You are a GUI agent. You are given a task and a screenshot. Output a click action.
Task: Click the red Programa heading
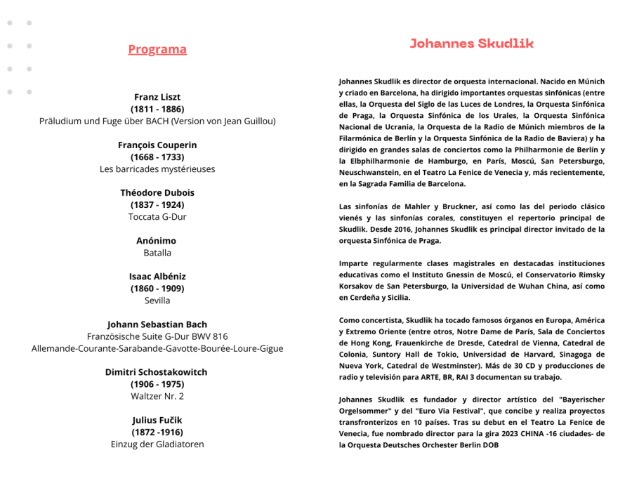[x=157, y=49]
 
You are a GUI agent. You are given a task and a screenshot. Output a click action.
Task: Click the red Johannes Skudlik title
[x=472, y=44]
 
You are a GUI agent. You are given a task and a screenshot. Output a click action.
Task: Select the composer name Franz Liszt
[x=157, y=97]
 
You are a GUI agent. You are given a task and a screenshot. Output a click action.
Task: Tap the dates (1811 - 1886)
[x=157, y=109]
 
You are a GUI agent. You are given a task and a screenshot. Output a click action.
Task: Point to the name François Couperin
[x=157, y=145]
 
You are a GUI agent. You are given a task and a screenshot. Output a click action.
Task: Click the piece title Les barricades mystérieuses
[x=157, y=169]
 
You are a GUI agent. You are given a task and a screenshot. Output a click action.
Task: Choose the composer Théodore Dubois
[x=157, y=193]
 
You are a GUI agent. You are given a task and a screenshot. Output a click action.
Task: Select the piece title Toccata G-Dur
[x=157, y=217]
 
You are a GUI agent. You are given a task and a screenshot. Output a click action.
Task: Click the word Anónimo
[x=157, y=241]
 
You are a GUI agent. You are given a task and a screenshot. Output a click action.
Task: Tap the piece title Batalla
[x=157, y=253]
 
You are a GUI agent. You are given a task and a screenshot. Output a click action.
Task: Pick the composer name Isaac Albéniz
[x=157, y=277]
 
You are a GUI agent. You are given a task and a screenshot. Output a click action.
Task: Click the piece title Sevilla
[x=157, y=301]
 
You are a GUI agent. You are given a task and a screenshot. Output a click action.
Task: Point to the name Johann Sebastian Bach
[x=157, y=324]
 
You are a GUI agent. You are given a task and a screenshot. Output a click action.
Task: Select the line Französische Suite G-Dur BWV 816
[x=157, y=336]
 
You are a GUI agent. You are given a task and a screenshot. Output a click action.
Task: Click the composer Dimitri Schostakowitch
[x=157, y=372]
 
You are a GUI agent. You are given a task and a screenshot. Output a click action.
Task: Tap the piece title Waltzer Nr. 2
[x=157, y=396]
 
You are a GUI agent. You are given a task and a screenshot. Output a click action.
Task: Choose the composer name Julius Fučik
[x=157, y=420]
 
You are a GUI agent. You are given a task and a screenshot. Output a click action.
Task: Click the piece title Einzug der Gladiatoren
[x=157, y=444]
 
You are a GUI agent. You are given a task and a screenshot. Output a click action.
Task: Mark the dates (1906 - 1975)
[x=157, y=384]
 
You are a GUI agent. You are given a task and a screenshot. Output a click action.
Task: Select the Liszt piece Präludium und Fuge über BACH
[x=157, y=121]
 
